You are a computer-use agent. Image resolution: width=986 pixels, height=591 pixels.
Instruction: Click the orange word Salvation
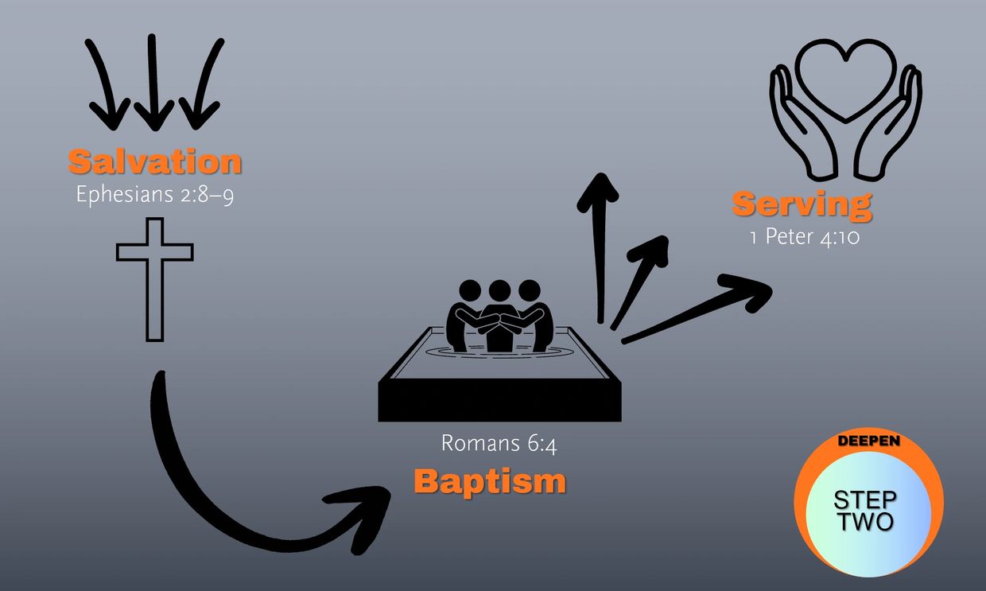[155, 161]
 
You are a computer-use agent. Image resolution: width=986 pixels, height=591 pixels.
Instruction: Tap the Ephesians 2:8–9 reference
[155, 194]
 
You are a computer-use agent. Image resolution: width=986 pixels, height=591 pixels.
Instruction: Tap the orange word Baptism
[490, 481]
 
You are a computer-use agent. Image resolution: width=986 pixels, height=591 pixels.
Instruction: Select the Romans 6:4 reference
[499, 442]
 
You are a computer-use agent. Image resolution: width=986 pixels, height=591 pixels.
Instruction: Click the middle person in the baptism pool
[499, 314]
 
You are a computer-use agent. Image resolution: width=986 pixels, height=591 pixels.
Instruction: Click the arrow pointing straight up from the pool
[599, 247]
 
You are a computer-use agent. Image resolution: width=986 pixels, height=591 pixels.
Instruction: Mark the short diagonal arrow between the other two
[640, 278]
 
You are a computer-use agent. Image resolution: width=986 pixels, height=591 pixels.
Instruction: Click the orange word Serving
[802, 204]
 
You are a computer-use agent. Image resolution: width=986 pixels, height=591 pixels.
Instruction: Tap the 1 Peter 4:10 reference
[805, 237]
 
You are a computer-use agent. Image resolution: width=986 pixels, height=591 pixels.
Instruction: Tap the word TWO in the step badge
[865, 522]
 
